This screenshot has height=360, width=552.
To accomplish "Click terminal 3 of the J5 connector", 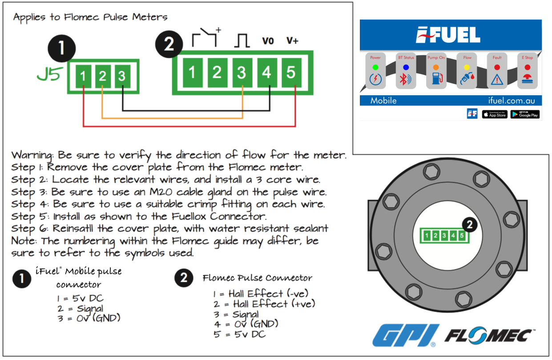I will pyautogui.click(x=122, y=76).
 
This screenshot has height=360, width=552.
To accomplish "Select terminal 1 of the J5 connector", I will pyautogui.click(x=83, y=76).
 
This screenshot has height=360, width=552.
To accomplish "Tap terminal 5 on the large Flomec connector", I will pyautogui.click(x=291, y=72).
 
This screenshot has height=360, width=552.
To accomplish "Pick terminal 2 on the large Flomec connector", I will pyautogui.click(x=217, y=72).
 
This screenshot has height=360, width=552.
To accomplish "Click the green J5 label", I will pyautogui.click(x=48, y=75).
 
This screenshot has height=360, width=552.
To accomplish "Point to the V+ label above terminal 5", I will pyautogui.click(x=292, y=41).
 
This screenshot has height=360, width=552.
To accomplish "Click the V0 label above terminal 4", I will pyautogui.click(x=268, y=41).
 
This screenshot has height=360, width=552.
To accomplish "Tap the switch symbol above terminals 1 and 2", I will pyautogui.click(x=205, y=37).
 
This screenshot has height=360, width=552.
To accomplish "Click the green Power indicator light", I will pyautogui.click(x=375, y=67).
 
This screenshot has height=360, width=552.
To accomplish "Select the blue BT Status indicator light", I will pyautogui.click(x=406, y=67).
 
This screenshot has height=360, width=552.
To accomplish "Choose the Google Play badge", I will pyautogui.click(x=525, y=114).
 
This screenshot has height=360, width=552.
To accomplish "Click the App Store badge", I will pyautogui.click(x=495, y=114).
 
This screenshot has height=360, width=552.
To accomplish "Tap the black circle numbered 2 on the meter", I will pyautogui.click(x=470, y=225).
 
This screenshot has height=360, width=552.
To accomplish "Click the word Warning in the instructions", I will pyautogui.click(x=32, y=156).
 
